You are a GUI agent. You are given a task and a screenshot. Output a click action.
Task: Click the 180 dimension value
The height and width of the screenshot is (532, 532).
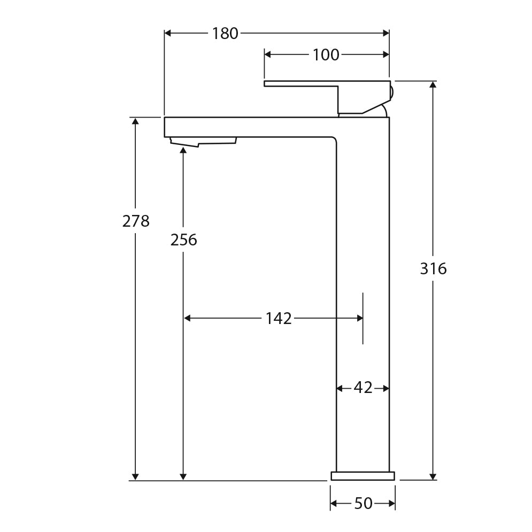(225, 33)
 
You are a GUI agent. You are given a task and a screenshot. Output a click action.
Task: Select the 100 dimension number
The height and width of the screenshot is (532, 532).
(326, 55)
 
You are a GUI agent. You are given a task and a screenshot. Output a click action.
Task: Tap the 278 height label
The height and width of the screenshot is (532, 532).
(136, 221)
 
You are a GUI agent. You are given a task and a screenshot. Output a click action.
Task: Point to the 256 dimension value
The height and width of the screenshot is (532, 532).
(183, 240)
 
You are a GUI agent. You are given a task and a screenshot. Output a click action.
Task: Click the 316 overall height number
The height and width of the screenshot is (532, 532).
(433, 268)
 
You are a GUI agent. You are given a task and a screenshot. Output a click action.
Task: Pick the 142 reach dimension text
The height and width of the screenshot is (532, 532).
(279, 319)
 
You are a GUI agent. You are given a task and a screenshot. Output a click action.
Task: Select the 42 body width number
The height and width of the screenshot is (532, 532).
(363, 388)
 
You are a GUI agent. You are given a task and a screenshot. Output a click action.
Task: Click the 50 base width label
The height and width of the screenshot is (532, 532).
(363, 503)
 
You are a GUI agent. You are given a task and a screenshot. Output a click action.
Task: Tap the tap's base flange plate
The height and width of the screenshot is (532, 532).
(363, 475)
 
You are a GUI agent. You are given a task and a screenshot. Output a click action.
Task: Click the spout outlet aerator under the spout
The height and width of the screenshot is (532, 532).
(203, 141)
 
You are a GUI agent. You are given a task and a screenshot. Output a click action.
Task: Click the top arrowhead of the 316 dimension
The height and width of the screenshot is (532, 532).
(433, 85)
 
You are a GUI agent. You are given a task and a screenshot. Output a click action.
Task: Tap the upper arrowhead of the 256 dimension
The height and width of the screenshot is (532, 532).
(183, 150)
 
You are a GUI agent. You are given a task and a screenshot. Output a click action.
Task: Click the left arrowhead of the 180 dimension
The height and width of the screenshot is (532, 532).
(168, 33)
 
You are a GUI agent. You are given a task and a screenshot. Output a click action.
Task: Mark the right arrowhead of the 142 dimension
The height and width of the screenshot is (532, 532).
(359, 318)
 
